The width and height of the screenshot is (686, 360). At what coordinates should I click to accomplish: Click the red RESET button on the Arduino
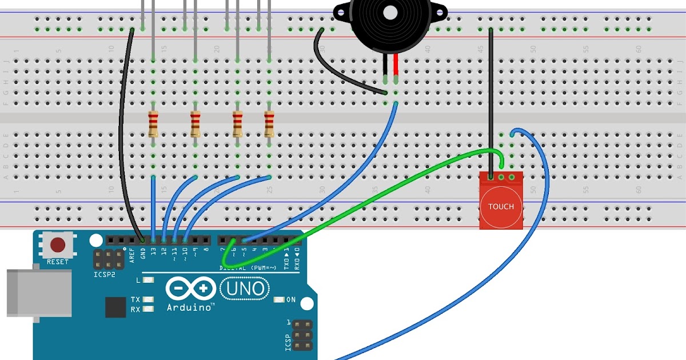coord(57,245)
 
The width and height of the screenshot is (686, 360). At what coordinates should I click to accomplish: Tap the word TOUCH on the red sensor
coord(501,206)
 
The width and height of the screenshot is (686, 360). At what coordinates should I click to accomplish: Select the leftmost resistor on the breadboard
coord(153,124)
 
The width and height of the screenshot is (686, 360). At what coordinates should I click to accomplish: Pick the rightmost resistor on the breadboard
coord(269,124)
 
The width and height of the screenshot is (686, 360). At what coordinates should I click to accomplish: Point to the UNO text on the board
coord(245,288)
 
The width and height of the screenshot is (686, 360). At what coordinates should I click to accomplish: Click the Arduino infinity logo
coord(191,289)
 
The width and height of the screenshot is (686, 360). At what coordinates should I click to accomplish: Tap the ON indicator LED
coord(280,299)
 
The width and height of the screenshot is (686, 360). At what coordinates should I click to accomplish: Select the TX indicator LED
coord(149,299)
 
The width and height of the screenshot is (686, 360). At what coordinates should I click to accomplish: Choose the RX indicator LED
coord(149,309)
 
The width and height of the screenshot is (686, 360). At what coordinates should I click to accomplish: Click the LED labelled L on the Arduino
coord(149,280)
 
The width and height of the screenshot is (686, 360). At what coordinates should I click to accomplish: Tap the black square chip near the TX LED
coord(115,307)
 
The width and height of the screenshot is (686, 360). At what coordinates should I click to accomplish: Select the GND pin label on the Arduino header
coord(143,253)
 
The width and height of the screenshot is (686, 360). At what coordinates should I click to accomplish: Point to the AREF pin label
coord(133,254)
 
